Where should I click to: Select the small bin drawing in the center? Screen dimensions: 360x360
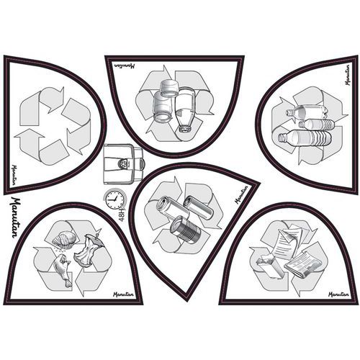[x=123, y=163]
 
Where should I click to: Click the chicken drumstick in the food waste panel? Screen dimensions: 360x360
[x=63, y=271]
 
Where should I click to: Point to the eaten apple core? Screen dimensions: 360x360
[x=89, y=250]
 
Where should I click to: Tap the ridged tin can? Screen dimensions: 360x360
[x=185, y=228]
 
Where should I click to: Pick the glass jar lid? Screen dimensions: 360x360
[x=169, y=88]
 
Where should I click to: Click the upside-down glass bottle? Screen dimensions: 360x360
[x=185, y=109]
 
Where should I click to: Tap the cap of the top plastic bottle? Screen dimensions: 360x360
[x=289, y=112]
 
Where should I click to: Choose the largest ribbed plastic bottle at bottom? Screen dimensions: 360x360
[x=305, y=138]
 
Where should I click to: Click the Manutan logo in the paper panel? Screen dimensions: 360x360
[x=338, y=294]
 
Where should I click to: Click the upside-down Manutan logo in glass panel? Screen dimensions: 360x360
[x=124, y=66]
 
